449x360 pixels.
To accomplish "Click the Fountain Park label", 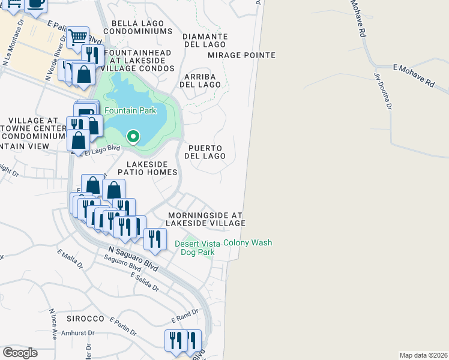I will (130, 110).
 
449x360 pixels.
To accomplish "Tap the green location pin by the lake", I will (133, 137).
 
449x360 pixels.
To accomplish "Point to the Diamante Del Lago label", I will (205, 40).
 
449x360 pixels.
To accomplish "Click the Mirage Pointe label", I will (241, 55).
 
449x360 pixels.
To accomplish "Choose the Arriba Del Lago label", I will (202, 80).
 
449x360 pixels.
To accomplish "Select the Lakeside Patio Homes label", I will (152, 168).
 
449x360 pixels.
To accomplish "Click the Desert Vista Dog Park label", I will (197, 248).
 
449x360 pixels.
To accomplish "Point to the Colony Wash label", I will (247, 243).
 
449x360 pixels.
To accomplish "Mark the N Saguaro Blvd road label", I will (133, 259).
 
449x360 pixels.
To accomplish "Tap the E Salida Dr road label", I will (145, 281).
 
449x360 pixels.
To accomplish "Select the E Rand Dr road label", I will (184, 316).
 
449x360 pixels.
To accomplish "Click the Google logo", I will (20, 353).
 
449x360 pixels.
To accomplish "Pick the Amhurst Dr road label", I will (79, 333).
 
